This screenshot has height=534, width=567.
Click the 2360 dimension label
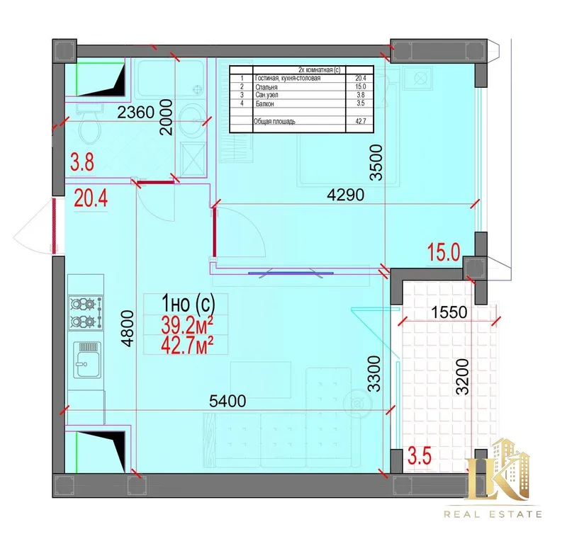[x=136, y=113]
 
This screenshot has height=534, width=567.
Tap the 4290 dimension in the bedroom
[x=345, y=195]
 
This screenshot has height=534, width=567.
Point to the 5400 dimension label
[x=228, y=401]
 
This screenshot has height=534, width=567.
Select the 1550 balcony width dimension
[x=449, y=312]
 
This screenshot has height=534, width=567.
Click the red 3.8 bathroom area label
[x=82, y=162]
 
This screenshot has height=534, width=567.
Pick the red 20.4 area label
[x=91, y=199]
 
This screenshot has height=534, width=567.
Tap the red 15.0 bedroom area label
[x=444, y=252]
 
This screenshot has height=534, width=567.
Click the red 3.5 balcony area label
[x=420, y=455]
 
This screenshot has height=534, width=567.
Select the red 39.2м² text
[x=187, y=325]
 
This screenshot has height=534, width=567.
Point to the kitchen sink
[x=87, y=360]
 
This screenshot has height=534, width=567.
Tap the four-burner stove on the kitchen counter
[x=86, y=312]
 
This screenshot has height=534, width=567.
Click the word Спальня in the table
[x=266, y=87]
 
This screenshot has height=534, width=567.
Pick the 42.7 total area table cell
[x=361, y=121]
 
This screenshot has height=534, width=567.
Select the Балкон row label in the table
[x=264, y=103]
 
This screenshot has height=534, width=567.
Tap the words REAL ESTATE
[x=493, y=514]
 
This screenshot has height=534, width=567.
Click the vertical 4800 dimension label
[x=128, y=329]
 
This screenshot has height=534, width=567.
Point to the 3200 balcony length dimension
[x=462, y=377]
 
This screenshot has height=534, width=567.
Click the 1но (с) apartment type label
[x=189, y=303]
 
